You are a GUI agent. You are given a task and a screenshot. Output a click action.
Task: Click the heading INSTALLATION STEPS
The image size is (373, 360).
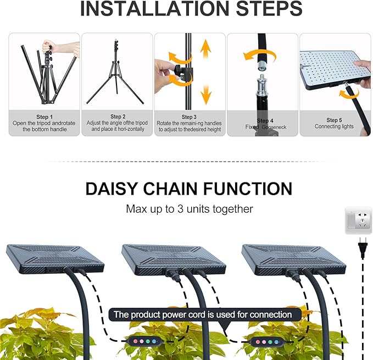pyautogui.click(x=191, y=9)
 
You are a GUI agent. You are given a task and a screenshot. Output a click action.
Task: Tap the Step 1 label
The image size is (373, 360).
pyautogui.click(x=44, y=117)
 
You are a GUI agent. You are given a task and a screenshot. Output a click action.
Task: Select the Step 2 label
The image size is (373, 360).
pyautogui.click(x=116, y=117)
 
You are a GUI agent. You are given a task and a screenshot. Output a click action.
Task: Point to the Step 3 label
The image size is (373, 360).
pyautogui.click(x=189, y=117)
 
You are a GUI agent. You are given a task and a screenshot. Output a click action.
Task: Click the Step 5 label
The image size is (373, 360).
pyautogui.click(x=334, y=120)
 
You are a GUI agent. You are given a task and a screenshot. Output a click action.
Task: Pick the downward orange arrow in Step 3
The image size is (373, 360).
pyautogui.click(x=206, y=93)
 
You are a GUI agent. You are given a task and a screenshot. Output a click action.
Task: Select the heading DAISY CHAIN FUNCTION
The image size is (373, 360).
pyautogui.click(x=188, y=189)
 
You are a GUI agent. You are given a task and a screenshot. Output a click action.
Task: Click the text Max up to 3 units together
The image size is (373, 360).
pyautogui.click(x=190, y=209)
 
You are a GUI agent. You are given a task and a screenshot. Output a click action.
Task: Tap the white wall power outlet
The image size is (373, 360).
pyautogui.click(x=358, y=220)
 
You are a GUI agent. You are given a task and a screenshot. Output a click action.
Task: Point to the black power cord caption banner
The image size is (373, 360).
pyautogui.click(x=202, y=314)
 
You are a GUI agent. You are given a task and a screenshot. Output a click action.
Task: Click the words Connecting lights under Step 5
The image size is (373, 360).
pyautogui.click(x=334, y=126)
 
